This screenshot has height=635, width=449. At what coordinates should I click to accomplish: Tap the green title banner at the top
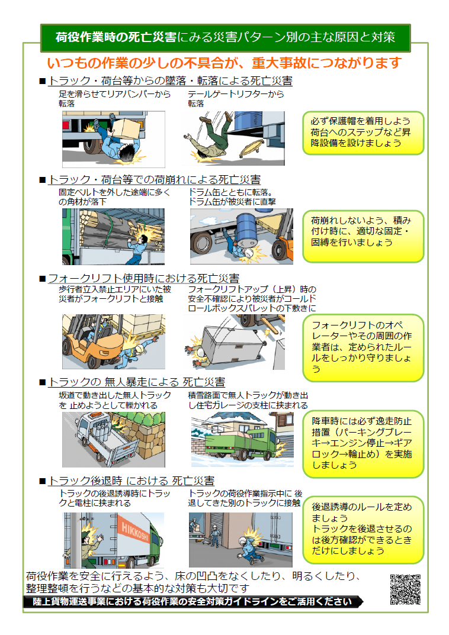[225, 37]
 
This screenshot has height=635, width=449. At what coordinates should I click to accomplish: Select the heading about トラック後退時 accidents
[131, 481]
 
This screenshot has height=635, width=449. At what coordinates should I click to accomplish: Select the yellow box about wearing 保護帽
[364, 133]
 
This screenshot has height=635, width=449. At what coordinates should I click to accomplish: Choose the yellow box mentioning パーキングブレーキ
[364, 443]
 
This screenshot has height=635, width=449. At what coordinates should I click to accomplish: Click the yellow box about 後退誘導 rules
[364, 529]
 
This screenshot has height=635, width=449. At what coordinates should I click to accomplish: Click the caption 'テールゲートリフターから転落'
[235, 98]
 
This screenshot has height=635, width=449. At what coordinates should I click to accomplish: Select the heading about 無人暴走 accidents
[136, 382]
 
